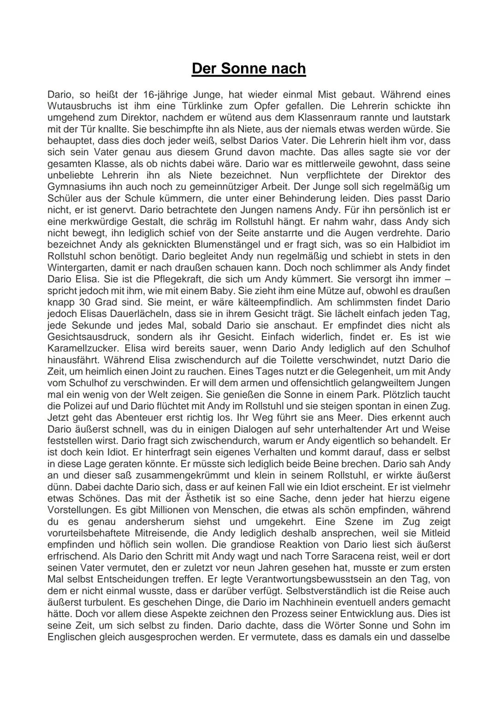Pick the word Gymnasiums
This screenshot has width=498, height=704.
(x=76, y=187)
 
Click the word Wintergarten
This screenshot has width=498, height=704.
(x=77, y=268)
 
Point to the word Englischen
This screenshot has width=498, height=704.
(x=71, y=637)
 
